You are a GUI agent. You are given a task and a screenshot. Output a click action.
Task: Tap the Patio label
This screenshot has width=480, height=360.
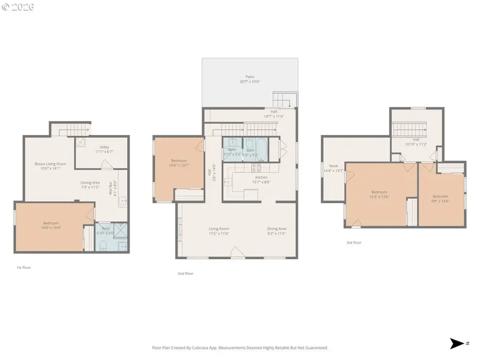tap(250, 77)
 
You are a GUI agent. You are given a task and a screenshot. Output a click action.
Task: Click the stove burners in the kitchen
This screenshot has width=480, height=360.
tap(255, 168)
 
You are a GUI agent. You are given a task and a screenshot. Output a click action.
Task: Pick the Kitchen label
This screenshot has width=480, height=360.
tap(261, 177)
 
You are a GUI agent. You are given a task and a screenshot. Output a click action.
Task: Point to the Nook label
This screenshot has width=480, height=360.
tap(333, 166)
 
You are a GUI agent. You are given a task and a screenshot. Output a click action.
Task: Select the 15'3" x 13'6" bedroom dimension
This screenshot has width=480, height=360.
tap(379, 196)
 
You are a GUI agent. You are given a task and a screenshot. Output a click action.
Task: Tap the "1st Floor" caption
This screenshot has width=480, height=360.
tap(23, 267)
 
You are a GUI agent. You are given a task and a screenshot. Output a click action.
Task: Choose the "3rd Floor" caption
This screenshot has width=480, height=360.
tap(354, 243)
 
